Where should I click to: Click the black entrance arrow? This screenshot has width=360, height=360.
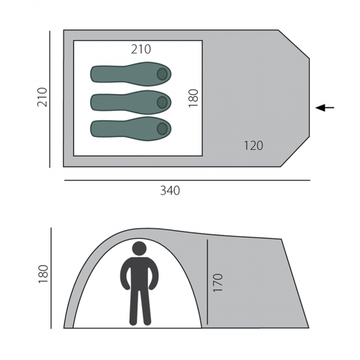tap(325, 107)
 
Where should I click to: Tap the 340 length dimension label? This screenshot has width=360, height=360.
tap(170, 190)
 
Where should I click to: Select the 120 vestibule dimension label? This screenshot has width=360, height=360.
tap(253, 145)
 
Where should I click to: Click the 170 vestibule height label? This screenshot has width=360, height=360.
tap(218, 283)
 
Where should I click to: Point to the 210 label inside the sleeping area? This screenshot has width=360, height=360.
tap(141, 49)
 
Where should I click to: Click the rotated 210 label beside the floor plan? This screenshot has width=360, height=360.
tap(42, 97)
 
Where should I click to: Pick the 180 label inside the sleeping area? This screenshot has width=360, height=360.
tap(193, 98)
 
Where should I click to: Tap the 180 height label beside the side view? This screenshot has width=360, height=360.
tap(43, 274)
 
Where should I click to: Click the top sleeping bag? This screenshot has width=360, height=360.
tap(131, 74)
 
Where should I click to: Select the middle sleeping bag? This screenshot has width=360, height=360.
tap(131, 102)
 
